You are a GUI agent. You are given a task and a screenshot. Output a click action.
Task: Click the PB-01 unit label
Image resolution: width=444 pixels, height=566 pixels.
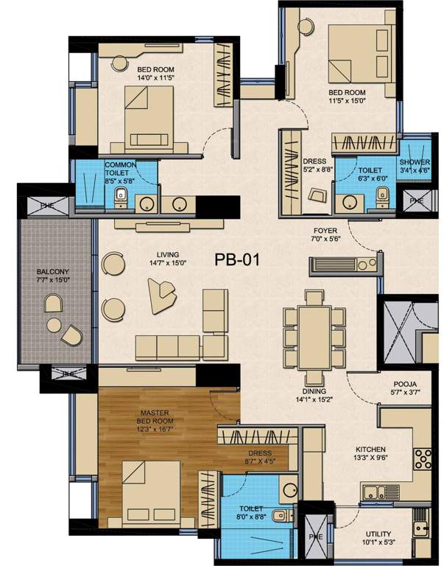[x=238, y=259]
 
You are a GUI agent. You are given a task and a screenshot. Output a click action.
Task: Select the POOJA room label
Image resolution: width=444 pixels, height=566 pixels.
[x=406, y=384]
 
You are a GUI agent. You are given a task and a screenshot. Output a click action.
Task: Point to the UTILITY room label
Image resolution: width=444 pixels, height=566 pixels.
[x=377, y=534]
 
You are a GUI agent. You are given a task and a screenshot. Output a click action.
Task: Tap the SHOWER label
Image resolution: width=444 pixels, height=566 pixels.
[x=415, y=161]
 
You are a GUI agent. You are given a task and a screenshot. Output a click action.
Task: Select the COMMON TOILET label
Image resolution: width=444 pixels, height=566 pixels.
[x=119, y=169]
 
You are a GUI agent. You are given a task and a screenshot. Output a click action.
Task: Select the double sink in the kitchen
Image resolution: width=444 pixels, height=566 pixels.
[x=373, y=491]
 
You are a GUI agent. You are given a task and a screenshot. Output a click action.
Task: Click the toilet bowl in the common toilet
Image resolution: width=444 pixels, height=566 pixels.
[x=121, y=197]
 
